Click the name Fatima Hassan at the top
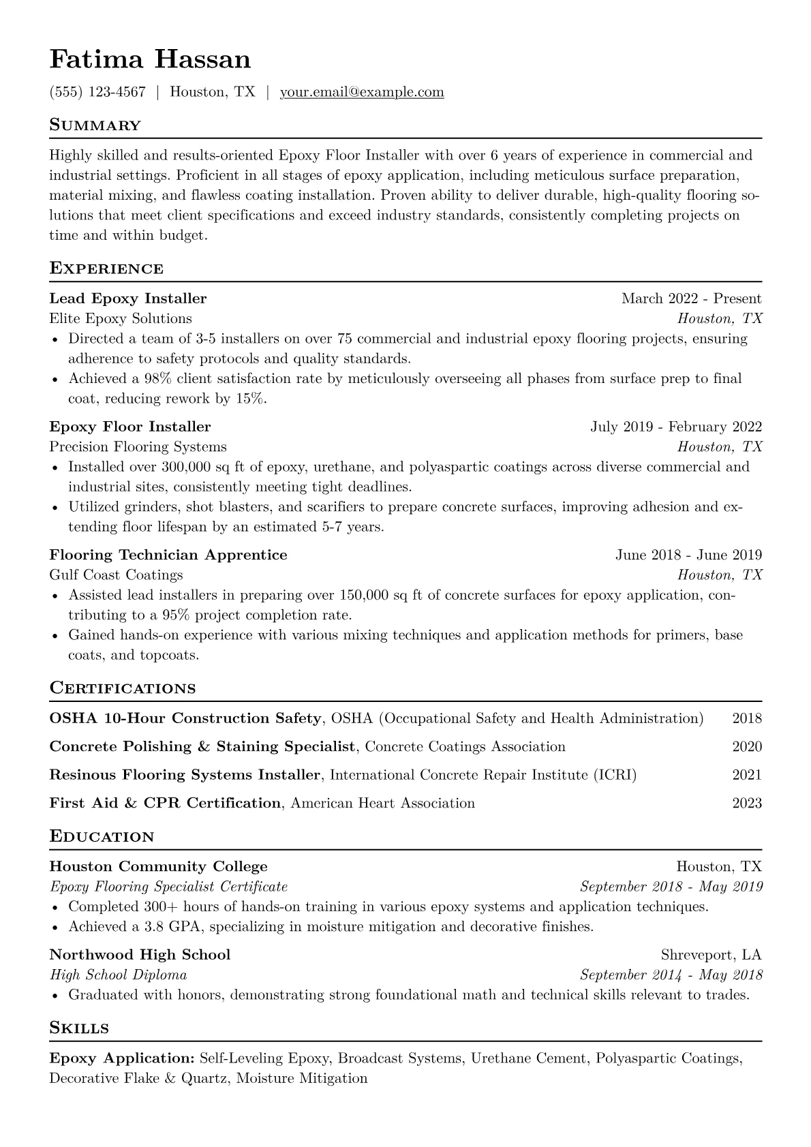click(150, 60)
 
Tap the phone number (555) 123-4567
click(97, 92)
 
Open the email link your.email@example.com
click(362, 92)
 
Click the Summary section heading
click(95, 125)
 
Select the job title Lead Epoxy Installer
click(128, 299)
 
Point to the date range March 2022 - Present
click(691, 299)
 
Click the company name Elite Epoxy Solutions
click(121, 318)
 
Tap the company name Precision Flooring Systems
click(138, 446)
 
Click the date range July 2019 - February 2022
click(676, 427)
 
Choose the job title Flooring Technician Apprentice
click(168, 555)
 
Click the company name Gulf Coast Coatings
click(116, 575)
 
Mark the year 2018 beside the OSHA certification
click(747, 718)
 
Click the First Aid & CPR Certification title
click(165, 803)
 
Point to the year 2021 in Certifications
click(747, 775)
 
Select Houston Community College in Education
click(158, 866)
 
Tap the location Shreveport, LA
click(711, 954)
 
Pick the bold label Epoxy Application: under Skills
click(122, 1058)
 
